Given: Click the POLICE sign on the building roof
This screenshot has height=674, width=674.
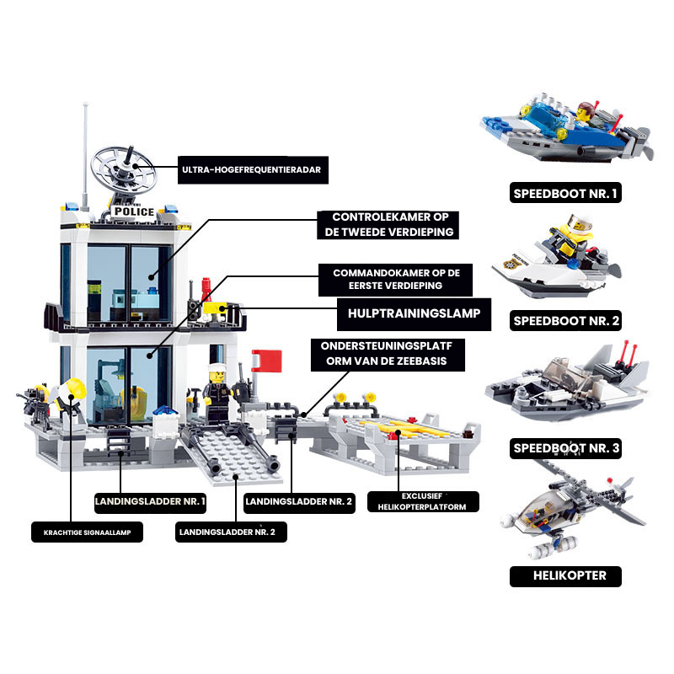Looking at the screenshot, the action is click(134, 211).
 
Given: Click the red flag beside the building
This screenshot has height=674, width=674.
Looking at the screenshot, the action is click(267, 361).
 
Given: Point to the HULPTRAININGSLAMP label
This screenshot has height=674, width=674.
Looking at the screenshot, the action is click(414, 313).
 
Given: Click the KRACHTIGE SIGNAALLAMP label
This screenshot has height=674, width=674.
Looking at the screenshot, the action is click(88, 532).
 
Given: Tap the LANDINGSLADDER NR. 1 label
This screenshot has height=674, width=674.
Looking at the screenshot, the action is click(150, 501).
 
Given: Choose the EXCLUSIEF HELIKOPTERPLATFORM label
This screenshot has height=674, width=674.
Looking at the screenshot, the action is click(423, 501).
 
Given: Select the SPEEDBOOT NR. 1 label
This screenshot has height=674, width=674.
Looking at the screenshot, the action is click(565, 193).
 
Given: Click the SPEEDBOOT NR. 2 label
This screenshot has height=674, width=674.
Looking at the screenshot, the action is click(565, 321).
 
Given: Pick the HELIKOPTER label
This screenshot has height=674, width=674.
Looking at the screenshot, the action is click(565, 576).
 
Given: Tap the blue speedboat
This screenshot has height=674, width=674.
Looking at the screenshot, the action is click(566, 130).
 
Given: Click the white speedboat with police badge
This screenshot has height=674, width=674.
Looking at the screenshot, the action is click(556, 257).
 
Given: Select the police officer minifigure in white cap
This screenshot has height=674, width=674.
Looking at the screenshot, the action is click(217, 393).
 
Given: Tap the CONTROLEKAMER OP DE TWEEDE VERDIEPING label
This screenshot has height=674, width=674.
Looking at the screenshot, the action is click(388, 225).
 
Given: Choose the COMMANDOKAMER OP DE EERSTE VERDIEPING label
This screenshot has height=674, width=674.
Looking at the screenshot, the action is click(395, 280).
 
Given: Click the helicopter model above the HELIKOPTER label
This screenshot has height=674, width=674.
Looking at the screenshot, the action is click(573, 511).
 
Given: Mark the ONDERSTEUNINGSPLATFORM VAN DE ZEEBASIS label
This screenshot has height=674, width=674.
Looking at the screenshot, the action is click(388, 354).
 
